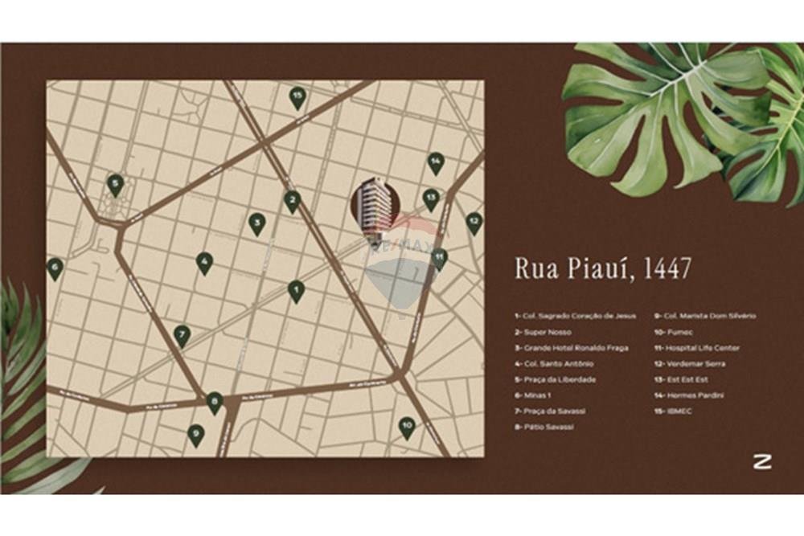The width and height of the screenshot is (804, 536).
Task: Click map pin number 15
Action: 297,97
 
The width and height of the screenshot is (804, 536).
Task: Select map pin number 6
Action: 55,268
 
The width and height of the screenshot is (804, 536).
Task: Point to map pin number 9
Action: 195,435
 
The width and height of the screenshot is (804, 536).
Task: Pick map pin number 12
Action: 474,222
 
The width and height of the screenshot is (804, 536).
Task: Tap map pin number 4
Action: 204,261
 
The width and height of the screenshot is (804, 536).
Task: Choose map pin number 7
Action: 183,334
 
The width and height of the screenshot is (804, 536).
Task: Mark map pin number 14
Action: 435,162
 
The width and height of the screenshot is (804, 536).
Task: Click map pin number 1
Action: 296,290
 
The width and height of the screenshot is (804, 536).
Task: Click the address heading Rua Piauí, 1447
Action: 602,268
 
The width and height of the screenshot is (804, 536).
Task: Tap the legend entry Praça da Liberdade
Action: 556,379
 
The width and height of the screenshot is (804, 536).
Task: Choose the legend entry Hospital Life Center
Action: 697,348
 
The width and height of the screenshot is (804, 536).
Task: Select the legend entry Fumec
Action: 674,332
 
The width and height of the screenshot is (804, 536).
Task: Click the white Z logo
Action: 762,461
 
